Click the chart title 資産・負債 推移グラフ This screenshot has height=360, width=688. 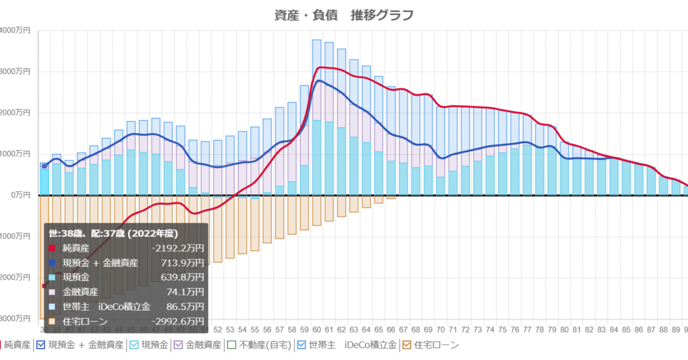pos(344,15)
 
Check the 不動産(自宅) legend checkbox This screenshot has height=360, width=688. pos(231,345)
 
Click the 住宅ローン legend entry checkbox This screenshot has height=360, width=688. pos(407,345)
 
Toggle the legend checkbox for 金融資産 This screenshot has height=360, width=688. pos(178,345)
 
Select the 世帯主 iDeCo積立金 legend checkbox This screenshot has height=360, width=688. pos(302,345)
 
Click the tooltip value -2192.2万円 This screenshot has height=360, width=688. pos(178,249)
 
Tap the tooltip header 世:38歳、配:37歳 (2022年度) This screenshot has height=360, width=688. pos(113,234)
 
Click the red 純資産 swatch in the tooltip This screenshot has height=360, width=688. pos(52,249)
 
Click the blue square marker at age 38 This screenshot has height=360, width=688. pos(44,166)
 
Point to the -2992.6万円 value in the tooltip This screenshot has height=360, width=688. pos(178,321)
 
